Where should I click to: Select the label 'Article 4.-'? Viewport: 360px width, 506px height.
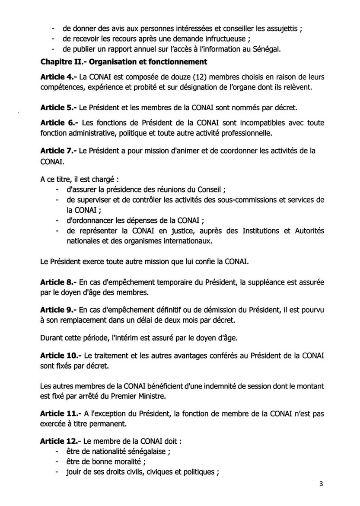tap(58, 77)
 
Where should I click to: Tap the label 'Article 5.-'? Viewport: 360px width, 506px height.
tap(58, 106)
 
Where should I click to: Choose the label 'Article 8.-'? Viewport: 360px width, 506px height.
tap(58, 282)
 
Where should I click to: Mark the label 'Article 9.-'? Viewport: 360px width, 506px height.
tap(58, 310)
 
